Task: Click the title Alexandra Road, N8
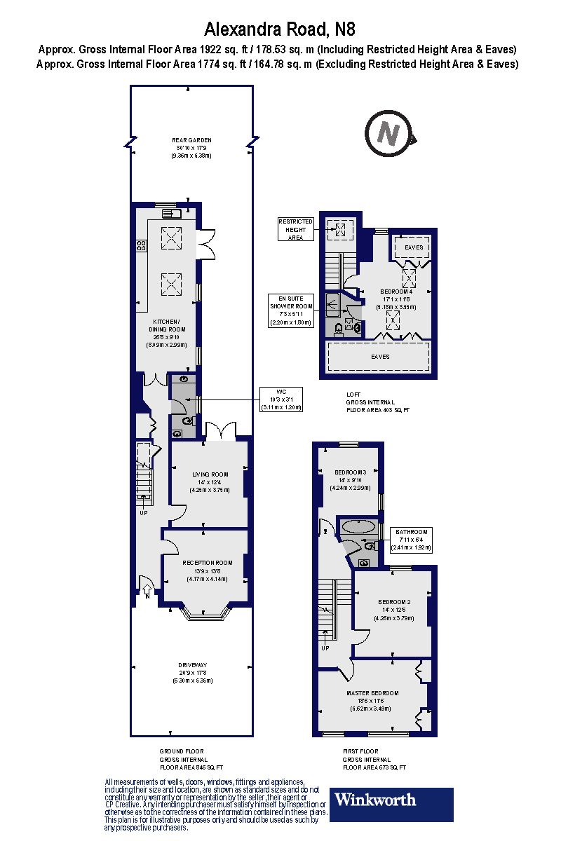point(280,29)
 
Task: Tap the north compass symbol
point(388,133)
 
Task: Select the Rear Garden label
point(191,148)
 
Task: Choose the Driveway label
point(191,673)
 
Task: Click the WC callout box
point(280,399)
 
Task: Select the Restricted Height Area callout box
point(295,229)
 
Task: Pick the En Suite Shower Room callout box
point(291,310)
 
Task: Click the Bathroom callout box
point(410,540)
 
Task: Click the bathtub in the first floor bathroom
point(358,526)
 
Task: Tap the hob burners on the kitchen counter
point(141,245)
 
